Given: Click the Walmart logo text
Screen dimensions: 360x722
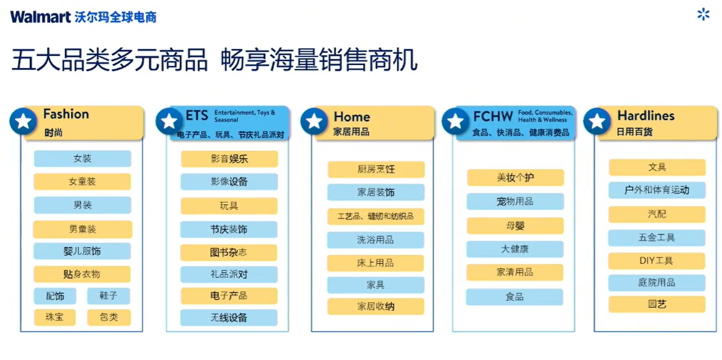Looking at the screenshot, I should [x=40, y=17].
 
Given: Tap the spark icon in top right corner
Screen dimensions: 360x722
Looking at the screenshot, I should [x=703, y=14].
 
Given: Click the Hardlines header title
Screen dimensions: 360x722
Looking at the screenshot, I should [x=646, y=115].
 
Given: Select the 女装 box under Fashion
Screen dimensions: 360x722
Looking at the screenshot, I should [x=83, y=158].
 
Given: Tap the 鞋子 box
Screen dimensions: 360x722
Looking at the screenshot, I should [x=109, y=295].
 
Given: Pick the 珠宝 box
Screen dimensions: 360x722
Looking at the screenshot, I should [x=54, y=317].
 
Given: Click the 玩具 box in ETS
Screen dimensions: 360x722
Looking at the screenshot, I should [x=229, y=206].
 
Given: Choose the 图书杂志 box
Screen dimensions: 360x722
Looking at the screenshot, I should [x=229, y=252].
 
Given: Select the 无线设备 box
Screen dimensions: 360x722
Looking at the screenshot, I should [x=229, y=317].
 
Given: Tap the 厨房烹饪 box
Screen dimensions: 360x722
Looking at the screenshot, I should [x=376, y=169].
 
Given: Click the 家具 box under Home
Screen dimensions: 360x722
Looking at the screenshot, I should [x=376, y=285].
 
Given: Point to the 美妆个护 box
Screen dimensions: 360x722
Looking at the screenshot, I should [x=515, y=177].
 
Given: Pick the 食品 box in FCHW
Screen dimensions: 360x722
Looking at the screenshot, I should [x=515, y=296].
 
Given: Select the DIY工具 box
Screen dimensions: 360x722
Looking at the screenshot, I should [x=656, y=261].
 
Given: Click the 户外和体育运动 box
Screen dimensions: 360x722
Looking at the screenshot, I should [x=657, y=190].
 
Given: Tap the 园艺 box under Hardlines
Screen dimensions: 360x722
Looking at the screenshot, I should [x=657, y=304].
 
